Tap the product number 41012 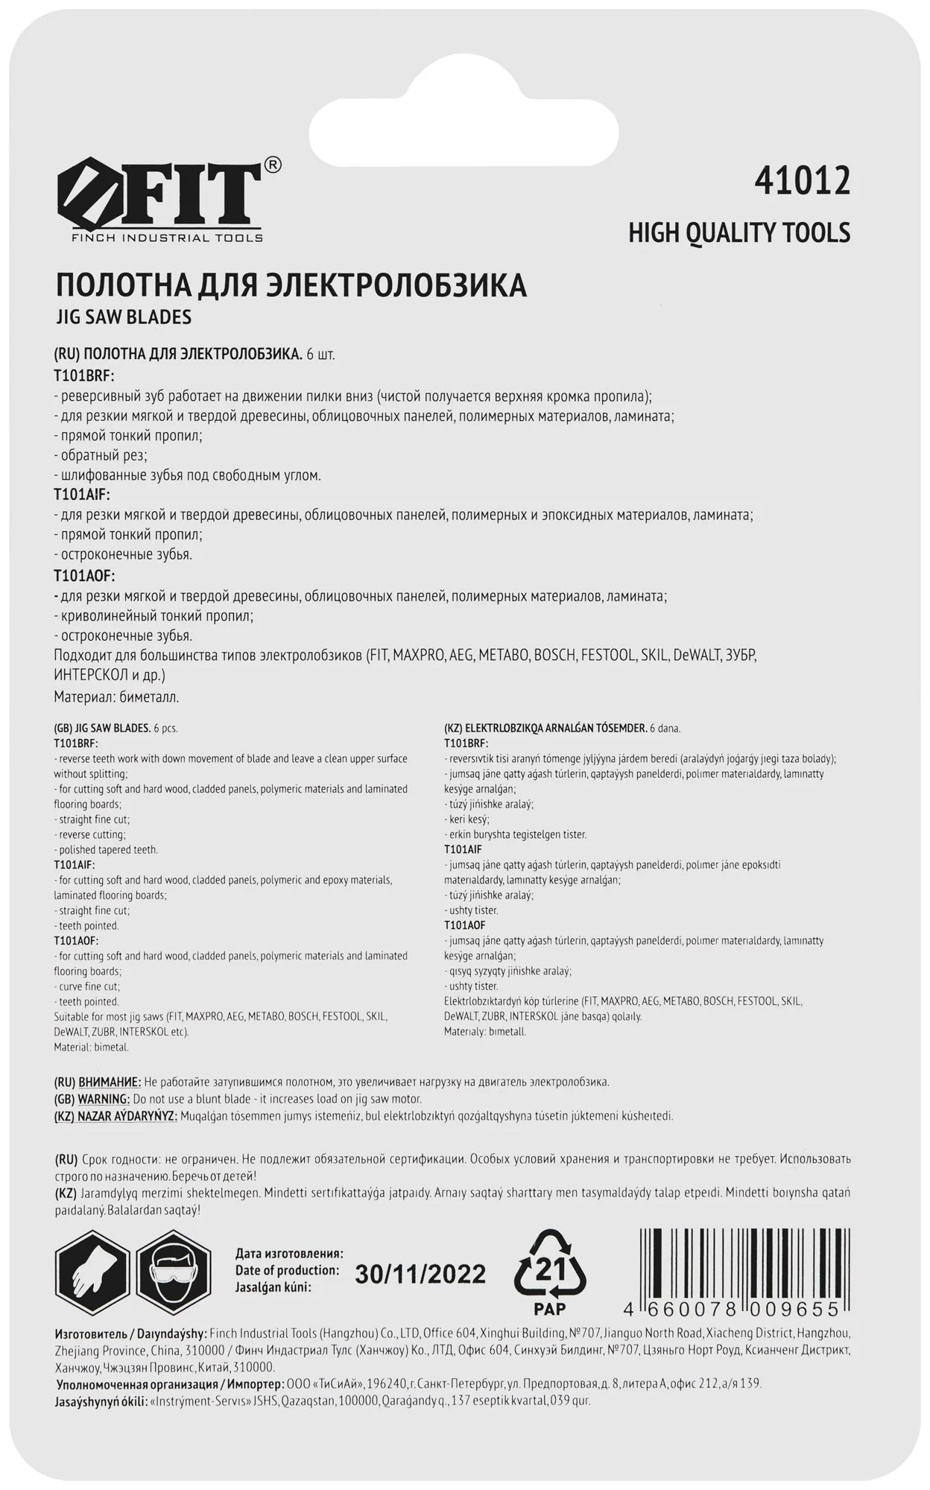pos(802,181)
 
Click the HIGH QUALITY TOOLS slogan pos(738,233)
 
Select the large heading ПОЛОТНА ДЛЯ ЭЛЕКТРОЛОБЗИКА pos(291,286)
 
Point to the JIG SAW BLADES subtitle pos(123,317)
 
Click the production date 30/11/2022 pos(420,1275)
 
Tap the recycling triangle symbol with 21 pos(550,1265)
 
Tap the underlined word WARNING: pos(104,1099)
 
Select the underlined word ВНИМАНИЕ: pos(109,1082)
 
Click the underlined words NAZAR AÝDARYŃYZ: pos(126,1116)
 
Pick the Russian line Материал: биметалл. pos(116,697)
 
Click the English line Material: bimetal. pos(91,1047)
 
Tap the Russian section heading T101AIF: pos(82,495)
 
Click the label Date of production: pos(287,1270)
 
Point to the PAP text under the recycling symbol pos(550,1309)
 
